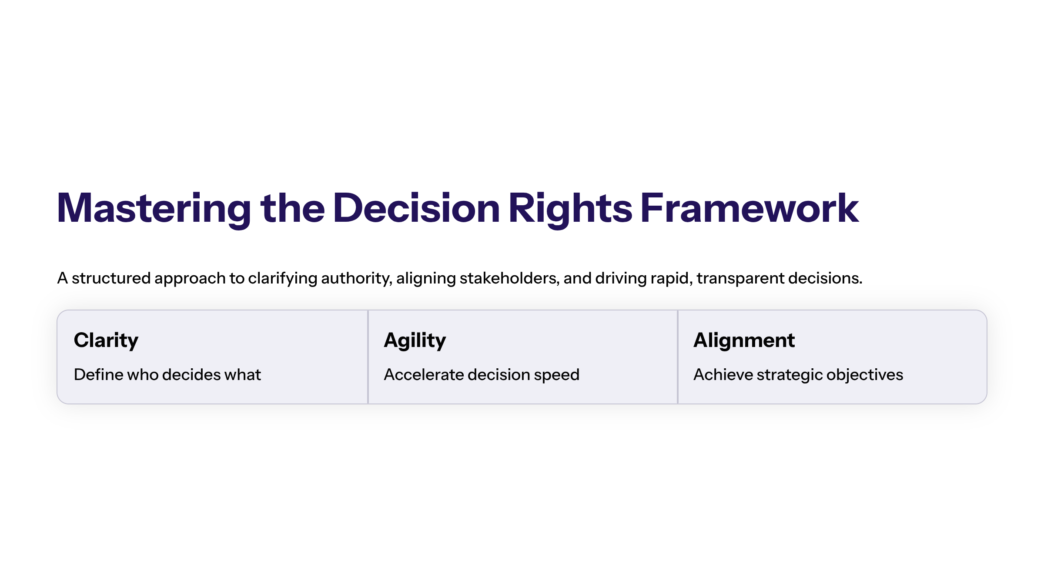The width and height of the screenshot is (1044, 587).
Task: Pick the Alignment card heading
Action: tap(744, 340)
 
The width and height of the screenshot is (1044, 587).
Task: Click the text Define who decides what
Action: tap(167, 375)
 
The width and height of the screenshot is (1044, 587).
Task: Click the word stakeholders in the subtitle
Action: tap(509, 278)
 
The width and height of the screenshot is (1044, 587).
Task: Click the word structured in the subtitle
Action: tap(111, 278)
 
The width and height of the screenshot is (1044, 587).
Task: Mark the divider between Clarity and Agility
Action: tap(368, 357)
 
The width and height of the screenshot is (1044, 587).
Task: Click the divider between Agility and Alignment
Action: tap(678, 357)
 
